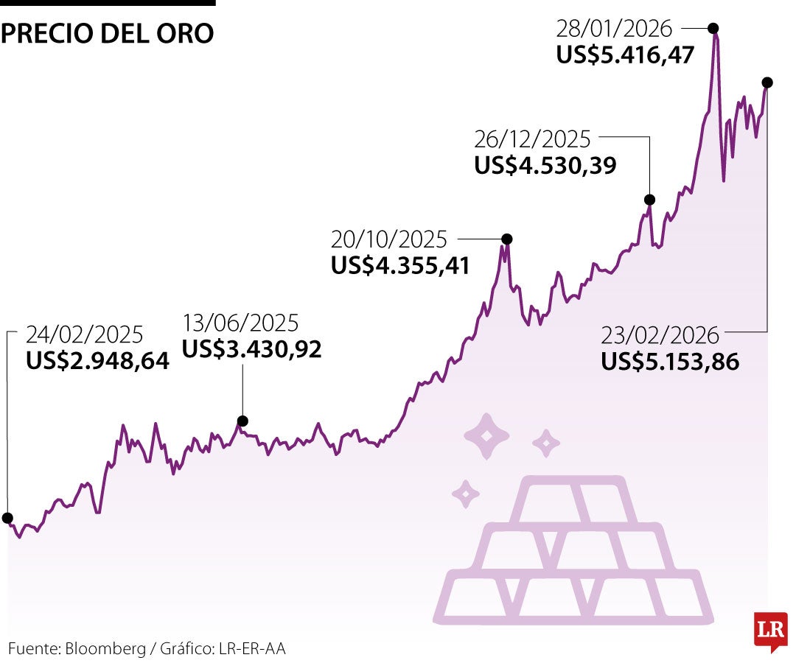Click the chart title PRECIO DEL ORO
(108, 34)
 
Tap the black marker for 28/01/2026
(713, 28)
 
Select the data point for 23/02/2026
(767, 82)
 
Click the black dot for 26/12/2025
(649, 200)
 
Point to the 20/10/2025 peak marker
(507, 238)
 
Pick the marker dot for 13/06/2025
(242, 421)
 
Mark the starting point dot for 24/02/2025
(7, 518)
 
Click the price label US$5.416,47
(626, 55)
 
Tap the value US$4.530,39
(545, 165)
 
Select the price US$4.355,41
(400, 265)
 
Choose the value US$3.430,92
(252, 349)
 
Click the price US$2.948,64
(97, 361)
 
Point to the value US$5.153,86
(670, 362)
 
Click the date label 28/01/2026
(615, 29)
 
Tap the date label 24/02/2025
(84, 334)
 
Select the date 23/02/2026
(660, 335)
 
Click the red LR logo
(770, 630)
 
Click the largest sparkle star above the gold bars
(486, 436)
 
